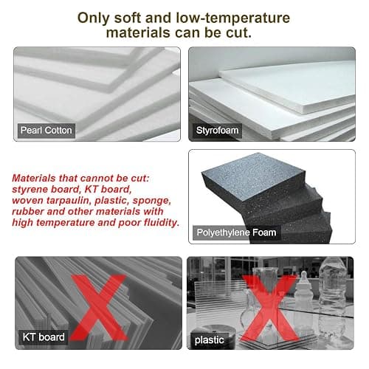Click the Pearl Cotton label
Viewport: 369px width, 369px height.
46,131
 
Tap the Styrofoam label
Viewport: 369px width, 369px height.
217,131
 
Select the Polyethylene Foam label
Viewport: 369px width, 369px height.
236,232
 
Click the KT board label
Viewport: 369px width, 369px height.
44,337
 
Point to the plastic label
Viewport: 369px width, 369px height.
210,340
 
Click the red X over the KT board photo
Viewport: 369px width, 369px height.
98,308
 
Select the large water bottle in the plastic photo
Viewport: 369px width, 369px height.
333,297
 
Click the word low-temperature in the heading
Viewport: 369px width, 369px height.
233,18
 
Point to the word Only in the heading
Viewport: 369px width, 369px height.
93,18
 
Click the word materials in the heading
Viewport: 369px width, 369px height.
138,32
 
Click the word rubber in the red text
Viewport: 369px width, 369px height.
27,211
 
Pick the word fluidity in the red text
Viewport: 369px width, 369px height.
162,223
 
